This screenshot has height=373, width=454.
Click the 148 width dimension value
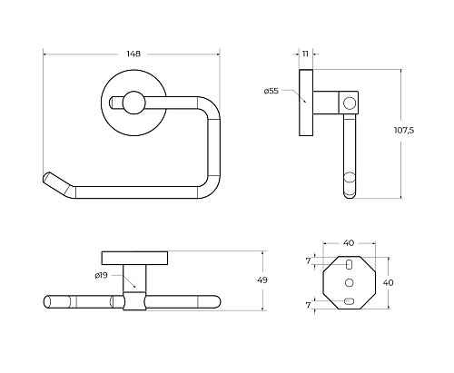tap(133, 54)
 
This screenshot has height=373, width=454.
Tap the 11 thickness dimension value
tap(305, 54)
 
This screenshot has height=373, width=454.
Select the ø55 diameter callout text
tap(271, 91)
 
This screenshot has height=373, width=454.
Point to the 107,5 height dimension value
tap(404, 131)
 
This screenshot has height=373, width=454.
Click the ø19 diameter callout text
tap(101, 275)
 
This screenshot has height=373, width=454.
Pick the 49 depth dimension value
tap(262, 280)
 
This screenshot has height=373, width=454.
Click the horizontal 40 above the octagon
tap(349, 243)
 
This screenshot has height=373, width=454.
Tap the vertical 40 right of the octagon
tap(389, 282)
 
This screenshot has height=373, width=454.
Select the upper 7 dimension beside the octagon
tap(308, 260)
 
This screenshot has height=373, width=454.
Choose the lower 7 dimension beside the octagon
tap(308, 305)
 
